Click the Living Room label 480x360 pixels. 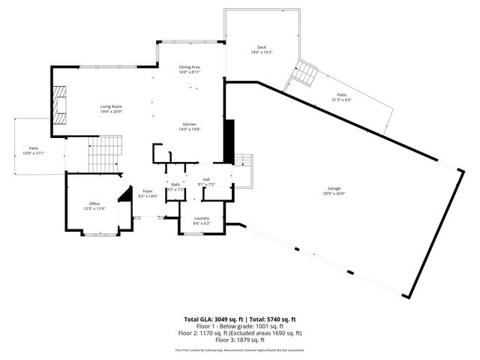pos(111,106)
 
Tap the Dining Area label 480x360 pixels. pos(189,67)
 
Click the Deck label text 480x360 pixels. pos(261,47)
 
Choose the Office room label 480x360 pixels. pos(94,203)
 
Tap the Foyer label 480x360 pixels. pos(148,190)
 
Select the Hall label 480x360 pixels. pos(206,178)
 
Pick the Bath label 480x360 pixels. pos(175,184)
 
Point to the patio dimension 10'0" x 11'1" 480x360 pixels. pos(34,153)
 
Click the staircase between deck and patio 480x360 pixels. pos(306,74)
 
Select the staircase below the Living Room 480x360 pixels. pos(105,153)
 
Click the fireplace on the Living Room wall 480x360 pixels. pos(59,106)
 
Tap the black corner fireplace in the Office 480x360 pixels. pos(126,194)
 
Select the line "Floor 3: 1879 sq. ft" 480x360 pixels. pos(240,339)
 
